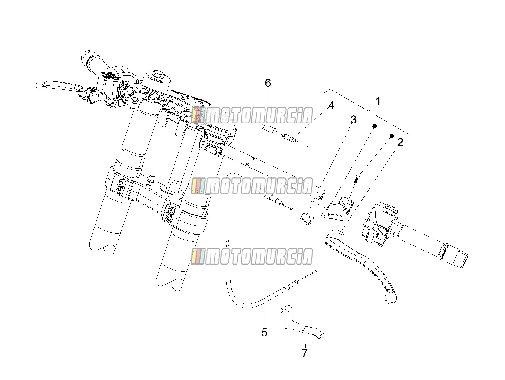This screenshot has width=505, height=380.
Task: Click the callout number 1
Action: tap(378, 101)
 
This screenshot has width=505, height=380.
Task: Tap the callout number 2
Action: tap(400, 143)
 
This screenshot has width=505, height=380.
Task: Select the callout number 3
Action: tap(354, 120)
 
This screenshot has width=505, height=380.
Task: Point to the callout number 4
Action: tap(331, 105)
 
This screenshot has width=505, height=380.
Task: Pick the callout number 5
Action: tap(264, 332)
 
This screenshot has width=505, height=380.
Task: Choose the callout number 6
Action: tap(268, 83)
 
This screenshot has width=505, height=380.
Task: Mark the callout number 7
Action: tap(305, 353)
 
